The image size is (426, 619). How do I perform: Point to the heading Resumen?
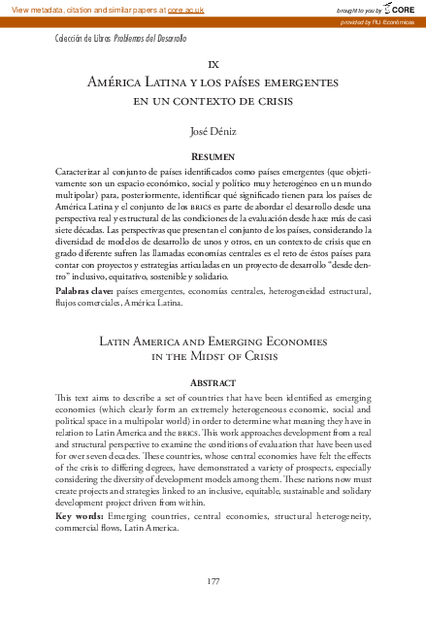[x=213, y=155]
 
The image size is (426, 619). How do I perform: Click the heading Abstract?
[x=213, y=382]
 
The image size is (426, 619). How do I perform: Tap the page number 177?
[x=214, y=581]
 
